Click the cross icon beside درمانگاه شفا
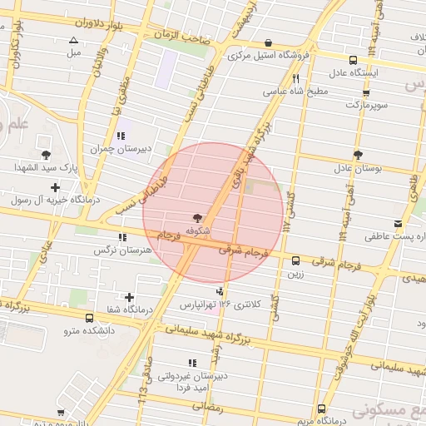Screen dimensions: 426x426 pos(129,297)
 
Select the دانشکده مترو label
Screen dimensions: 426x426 pos(91,331)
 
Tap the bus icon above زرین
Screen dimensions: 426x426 pos(296,260)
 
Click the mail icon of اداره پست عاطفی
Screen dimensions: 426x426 pos(398,224)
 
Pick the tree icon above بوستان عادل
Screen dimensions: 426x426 pos(358,155)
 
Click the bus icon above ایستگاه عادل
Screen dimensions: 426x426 pos(354,60)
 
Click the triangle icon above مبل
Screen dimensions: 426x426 pos(74,40)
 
